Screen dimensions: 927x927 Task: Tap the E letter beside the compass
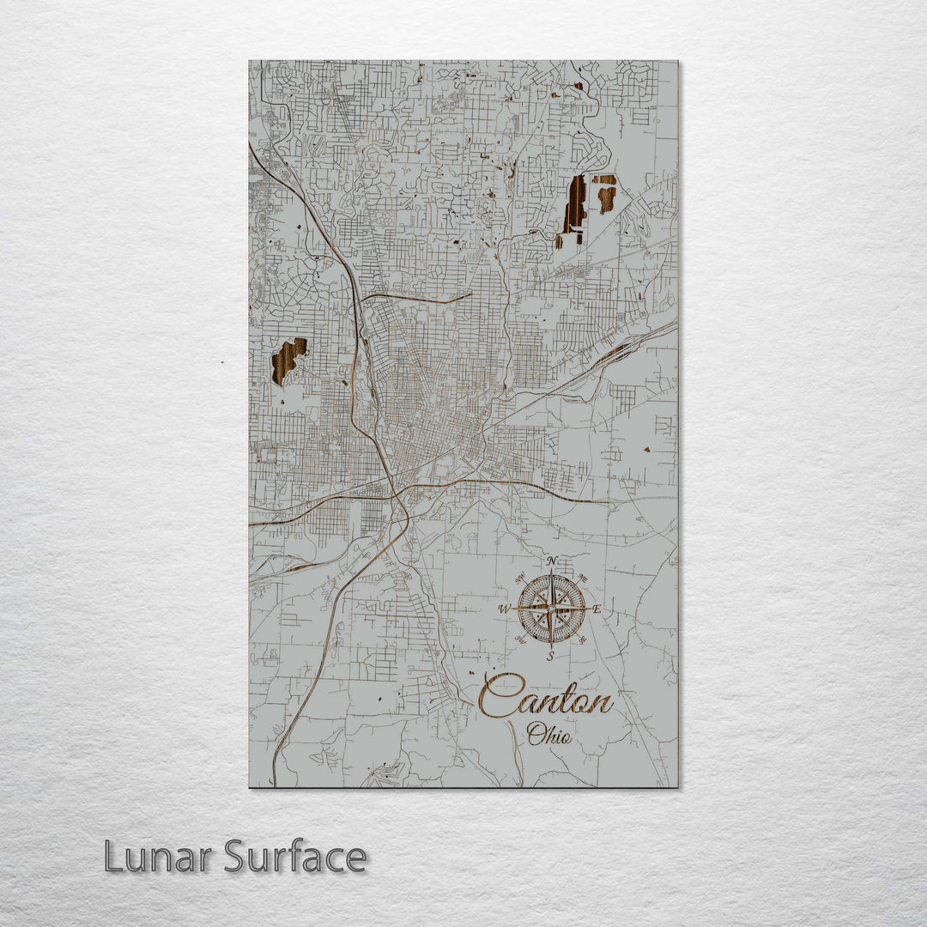click(x=597, y=610)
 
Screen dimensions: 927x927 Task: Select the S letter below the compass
click(x=551, y=657)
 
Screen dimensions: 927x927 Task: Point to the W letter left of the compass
click(x=505, y=609)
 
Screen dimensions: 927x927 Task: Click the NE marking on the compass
click(x=584, y=578)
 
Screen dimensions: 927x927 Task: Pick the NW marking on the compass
click(x=519, y=578)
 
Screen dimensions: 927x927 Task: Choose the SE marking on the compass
click(x=584, y=639)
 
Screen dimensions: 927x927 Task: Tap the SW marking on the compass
click(x=519, y=639)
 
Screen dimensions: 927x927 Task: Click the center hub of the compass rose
click(x=551, y=609)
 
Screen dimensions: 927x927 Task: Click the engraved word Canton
click(x=546, y=696)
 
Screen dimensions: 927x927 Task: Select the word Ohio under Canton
click(x=549, y=734)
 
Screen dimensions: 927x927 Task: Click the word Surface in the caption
click(x=296, y=857)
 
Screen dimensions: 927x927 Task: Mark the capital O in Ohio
click(x=536, y=734)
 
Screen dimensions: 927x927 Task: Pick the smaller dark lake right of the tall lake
click(x=606, y=195)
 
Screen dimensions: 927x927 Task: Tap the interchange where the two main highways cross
click(x=397, y=496)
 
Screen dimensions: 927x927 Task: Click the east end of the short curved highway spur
click(x=470, y=295)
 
